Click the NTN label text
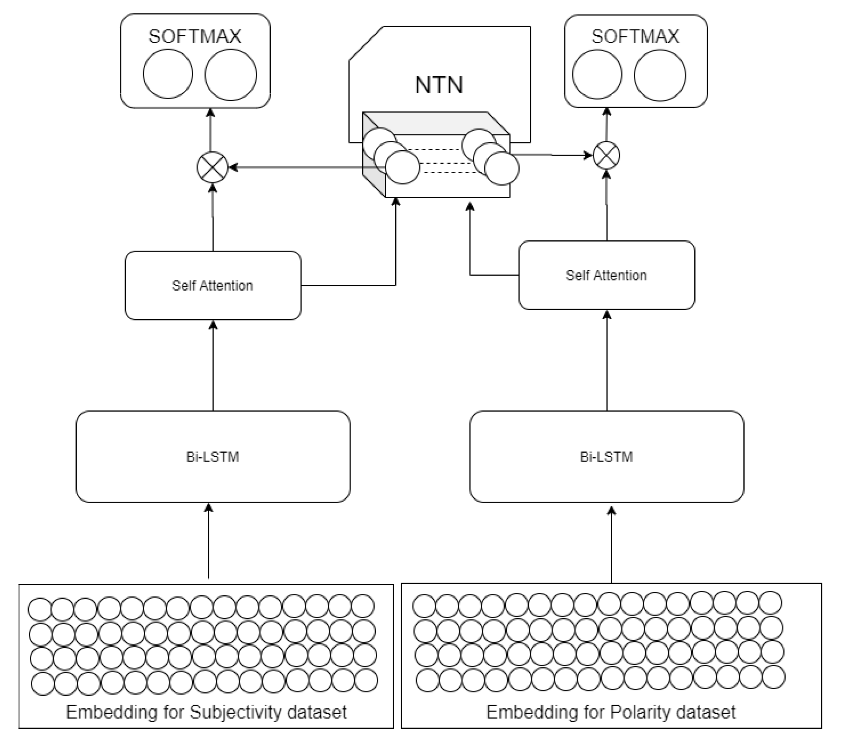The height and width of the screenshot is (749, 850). coord(439,85)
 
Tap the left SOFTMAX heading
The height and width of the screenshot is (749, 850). coord(195,36)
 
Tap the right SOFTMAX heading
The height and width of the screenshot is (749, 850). coord(635,36)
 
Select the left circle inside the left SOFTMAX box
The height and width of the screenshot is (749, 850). coord(168,74)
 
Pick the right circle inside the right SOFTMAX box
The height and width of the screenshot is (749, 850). coord(659,75)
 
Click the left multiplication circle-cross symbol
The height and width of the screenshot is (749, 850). coord(212,168)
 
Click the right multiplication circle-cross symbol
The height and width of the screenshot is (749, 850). coord(606,156)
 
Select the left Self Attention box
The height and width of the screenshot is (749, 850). coord(212,285)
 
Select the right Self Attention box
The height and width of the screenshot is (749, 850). coord(606,275)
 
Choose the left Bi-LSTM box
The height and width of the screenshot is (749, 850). coord(212,457)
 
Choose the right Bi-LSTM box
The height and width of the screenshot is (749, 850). coord(606,457)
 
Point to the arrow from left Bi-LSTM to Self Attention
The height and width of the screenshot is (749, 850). coord(213,366)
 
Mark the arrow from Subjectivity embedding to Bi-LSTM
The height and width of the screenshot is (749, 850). coord(209,540)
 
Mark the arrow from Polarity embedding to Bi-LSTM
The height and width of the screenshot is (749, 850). coord(611,544)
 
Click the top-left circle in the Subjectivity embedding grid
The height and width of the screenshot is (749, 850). coord(39,609)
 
